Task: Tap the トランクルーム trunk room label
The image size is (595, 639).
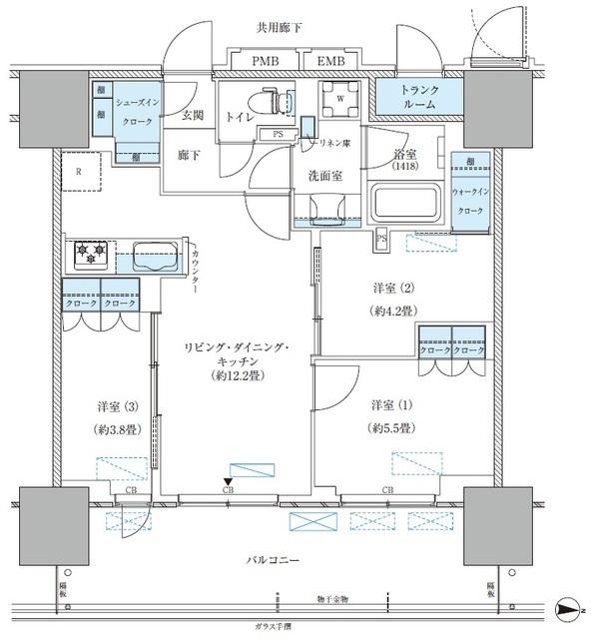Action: click(412, 96)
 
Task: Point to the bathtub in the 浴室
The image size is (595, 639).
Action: click(407, 204)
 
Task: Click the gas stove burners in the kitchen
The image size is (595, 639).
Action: click(87, 256)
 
